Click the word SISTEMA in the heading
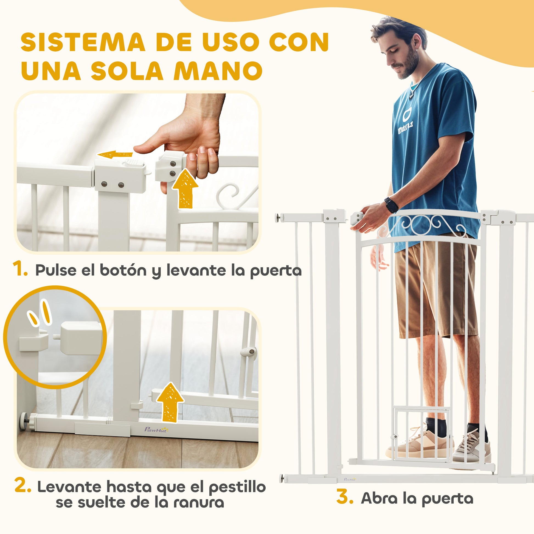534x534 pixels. [83, 42]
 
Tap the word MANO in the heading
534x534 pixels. [218, 71]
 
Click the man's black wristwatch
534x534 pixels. [392, 205]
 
